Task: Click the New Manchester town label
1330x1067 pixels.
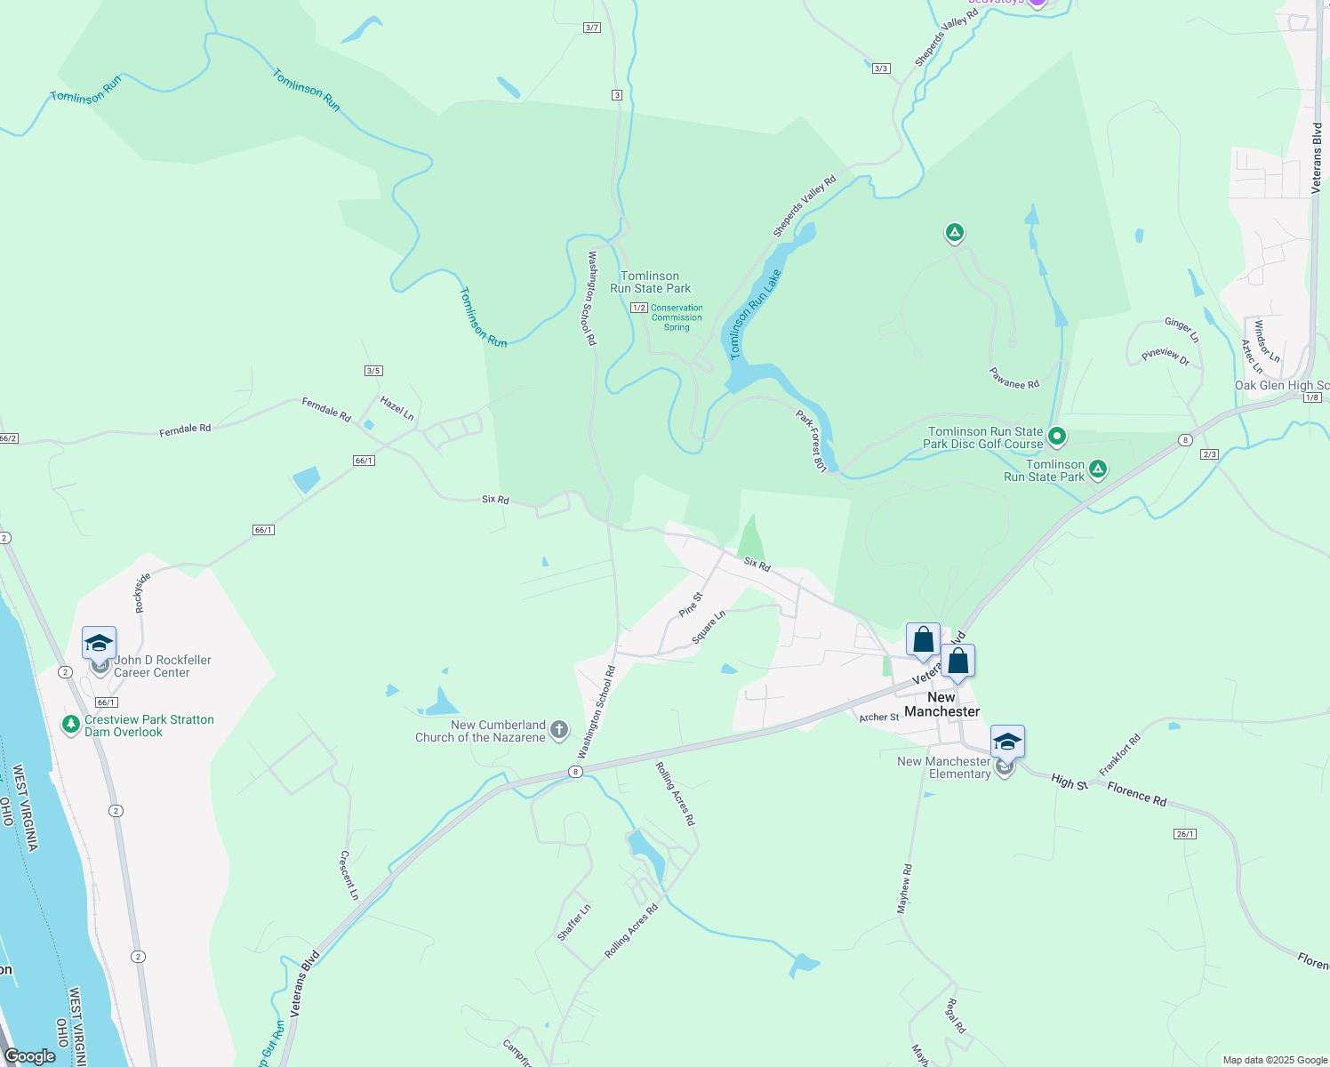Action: [941, 704]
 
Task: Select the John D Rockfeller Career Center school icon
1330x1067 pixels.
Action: [99, 644]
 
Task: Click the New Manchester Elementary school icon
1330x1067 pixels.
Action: [1006, 743]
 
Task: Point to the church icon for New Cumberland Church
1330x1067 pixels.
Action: [559, 730]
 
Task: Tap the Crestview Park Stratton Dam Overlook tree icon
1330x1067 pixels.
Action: [71, 725]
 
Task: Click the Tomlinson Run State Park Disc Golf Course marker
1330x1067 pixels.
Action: [1057, 437]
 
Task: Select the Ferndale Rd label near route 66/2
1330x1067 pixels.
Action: [185, 429]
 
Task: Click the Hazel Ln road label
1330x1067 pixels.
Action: [397, 408]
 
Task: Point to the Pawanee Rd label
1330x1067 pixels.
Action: [1014, 379]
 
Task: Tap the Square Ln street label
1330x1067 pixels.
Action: [709, 627]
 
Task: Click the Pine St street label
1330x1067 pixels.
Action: [691, 605]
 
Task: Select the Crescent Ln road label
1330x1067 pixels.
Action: [349, 875]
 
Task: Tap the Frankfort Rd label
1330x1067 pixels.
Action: [1119, 755]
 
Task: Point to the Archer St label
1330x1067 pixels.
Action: [879, 718]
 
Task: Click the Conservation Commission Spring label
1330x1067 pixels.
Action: [677, 317]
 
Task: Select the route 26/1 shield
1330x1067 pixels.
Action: [1185, 834]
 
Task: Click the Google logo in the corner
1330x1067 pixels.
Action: [30, 1055]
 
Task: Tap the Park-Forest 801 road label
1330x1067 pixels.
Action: [811, 441]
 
